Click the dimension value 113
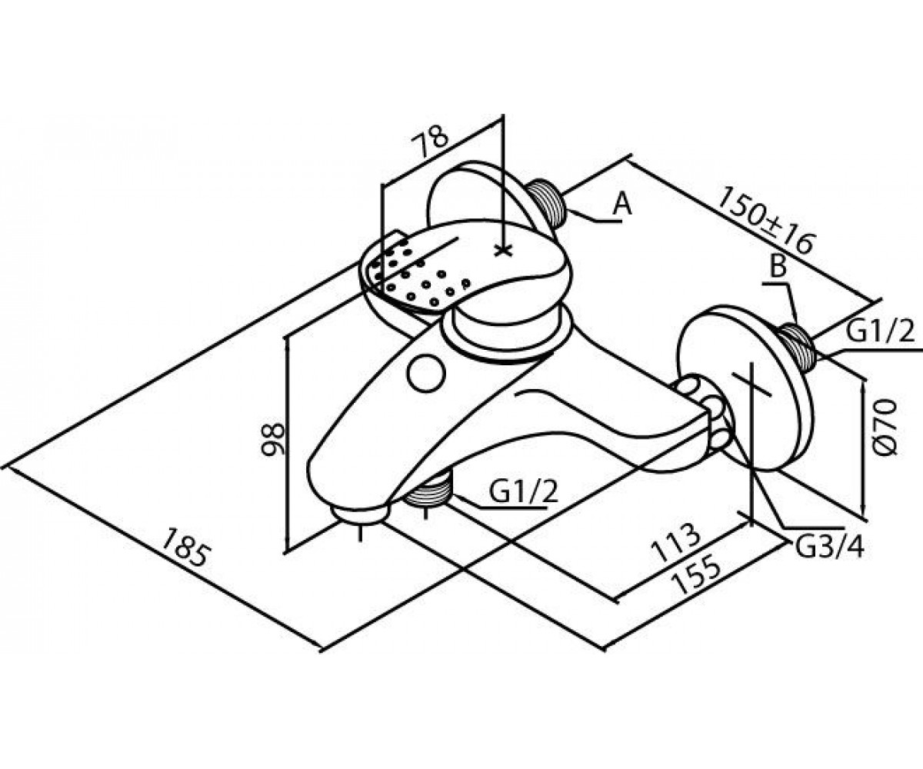pos(677,543)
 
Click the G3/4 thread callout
pos(829,548)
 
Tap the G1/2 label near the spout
pos(524,493)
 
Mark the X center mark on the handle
pos(502,250)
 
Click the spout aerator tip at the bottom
pos(359,515)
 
